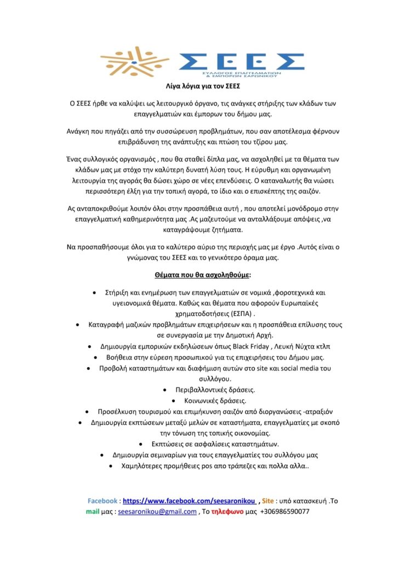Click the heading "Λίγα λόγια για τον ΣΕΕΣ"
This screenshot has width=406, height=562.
(x=203, y=87)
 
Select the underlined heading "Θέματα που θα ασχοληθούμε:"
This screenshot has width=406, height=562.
(x=203, y=274)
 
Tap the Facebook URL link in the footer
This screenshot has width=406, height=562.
(x=189, y=501)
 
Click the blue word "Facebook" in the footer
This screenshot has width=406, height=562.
(x=102, y=501)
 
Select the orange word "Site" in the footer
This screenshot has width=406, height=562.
(x=268, y=501)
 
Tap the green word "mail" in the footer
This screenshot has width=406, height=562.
(x=92, y=512)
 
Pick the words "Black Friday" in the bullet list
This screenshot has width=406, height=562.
(x=253, y=347)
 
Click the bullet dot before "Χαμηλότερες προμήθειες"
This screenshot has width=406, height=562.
(x=111, y=465)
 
